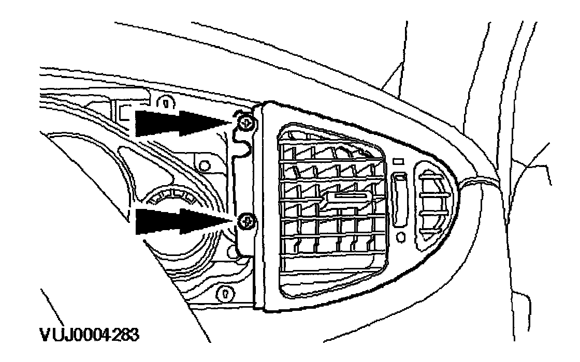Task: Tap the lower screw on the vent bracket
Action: click(247, 223)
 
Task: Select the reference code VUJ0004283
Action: click(89, 335)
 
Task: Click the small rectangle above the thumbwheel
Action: click(399, 162)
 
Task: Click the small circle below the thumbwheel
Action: click(400, 237)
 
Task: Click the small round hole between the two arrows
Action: click(205, 165)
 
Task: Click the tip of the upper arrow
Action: click(228, 123)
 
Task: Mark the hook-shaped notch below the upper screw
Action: click(243, 147)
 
